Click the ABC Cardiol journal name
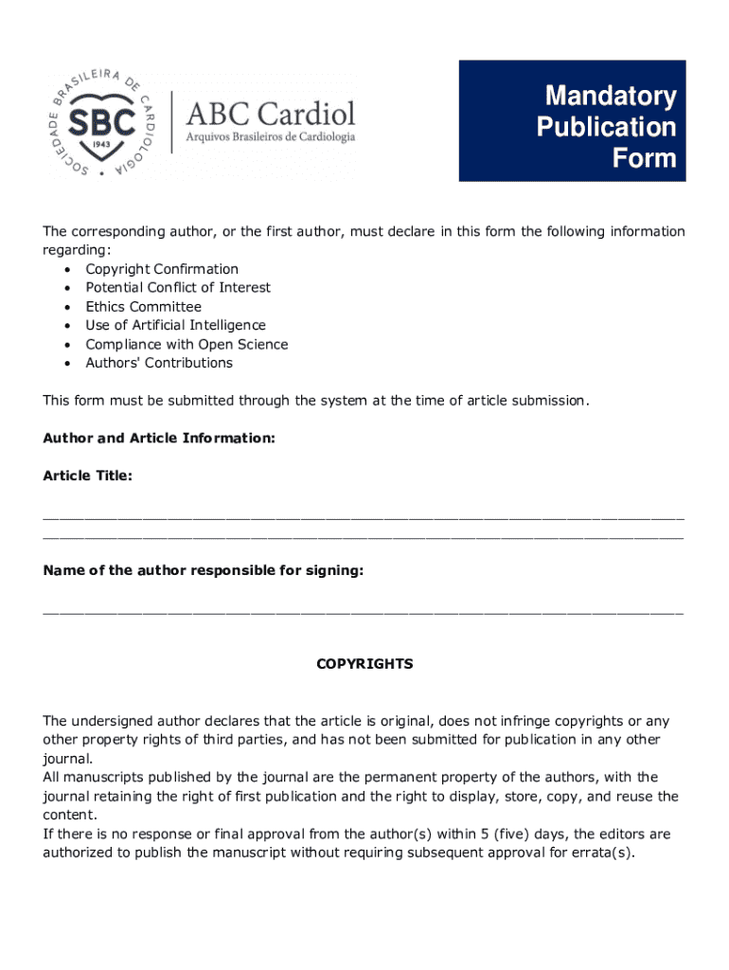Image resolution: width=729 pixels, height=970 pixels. (270, 114)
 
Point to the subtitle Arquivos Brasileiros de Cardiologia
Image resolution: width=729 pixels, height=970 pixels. (270, 136)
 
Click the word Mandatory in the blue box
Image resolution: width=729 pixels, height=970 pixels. (610, 96)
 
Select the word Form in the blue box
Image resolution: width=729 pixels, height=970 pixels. (644, 158)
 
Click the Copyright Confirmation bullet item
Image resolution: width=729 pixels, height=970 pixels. (162, 269)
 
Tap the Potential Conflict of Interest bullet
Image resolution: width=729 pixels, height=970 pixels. (178, 288)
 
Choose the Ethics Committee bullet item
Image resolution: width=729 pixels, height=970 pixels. (143, 307)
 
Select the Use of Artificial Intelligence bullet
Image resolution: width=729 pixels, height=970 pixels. (175, 326)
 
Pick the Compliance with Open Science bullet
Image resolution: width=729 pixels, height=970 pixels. (187, 345)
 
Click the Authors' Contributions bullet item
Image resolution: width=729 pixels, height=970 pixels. (158, 363)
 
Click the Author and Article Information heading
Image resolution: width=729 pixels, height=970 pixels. (159, 439)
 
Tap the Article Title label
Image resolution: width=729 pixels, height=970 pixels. (87, 476)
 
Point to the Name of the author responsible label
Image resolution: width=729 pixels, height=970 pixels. (203, 571)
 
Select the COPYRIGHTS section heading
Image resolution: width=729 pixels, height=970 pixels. (364, 665)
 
